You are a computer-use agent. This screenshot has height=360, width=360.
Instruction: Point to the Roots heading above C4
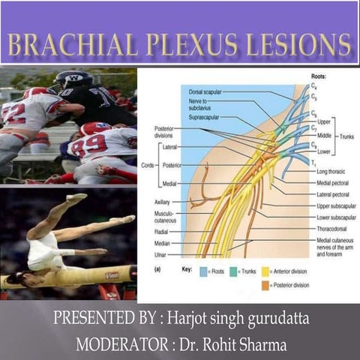tap(317, 77)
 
